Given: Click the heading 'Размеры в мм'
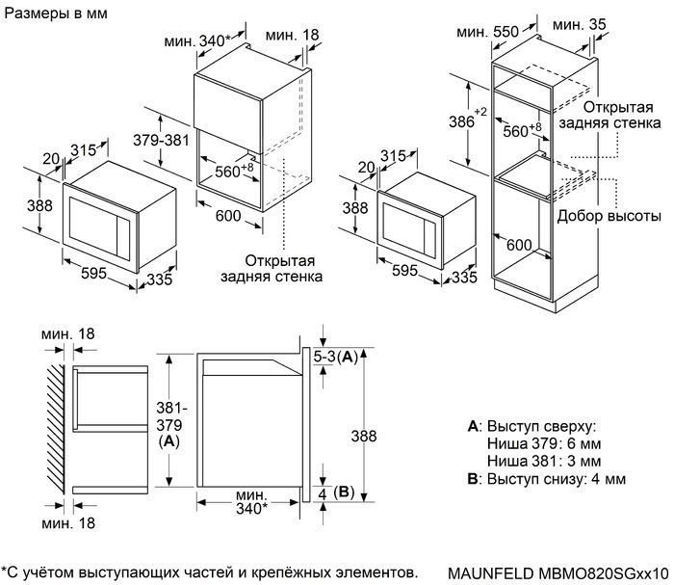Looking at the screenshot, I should [x=56, y=15].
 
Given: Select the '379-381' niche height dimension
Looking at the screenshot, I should [x=160, y=142].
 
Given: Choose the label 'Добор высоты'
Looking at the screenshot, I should [x=609, y=216].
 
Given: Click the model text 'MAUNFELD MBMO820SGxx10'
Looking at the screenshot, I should [x=557, y=572].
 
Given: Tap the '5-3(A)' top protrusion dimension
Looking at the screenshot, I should [x=337, y=357].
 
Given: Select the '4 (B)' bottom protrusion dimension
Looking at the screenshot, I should [x=336, y=493].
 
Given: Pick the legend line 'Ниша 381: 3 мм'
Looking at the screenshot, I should [x=544, y=461].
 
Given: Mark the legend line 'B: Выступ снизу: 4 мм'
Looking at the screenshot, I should [x=546, y=479].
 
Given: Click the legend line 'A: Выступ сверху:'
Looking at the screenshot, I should [x=531, y=425].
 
